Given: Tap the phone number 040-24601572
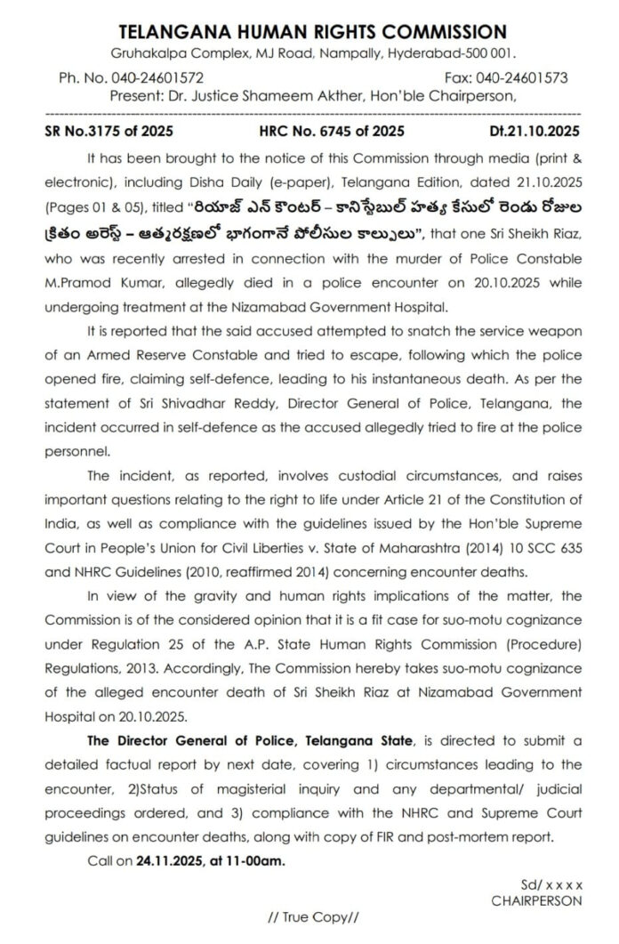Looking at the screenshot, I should pyautogui.click(x=161, y=78).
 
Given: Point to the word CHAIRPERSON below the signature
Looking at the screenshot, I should pyautogui.click(x=535, y=900).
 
